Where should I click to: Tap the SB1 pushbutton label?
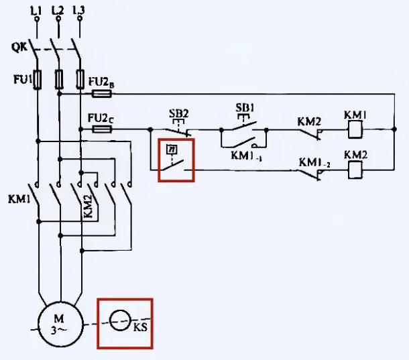[x=245, y=107]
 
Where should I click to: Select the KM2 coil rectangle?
[x=354, y=170]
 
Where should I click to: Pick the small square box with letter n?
[x=172, y=149]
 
